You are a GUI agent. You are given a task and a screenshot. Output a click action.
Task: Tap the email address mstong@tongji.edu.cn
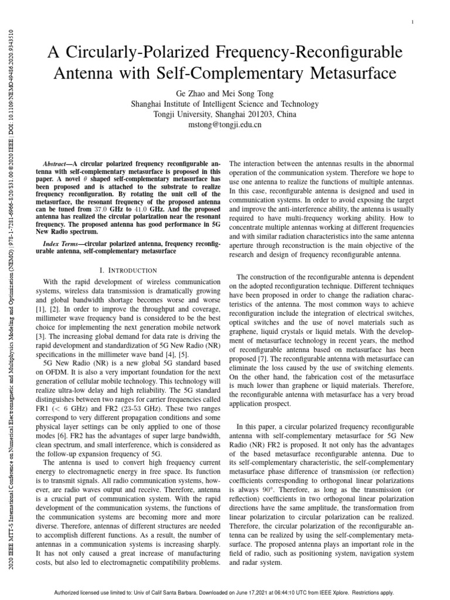(x=225, y=124)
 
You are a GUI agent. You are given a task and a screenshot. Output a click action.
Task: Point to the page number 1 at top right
(x=413, y=23)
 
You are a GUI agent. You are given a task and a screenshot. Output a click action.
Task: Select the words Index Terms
(x=63, y=243)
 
